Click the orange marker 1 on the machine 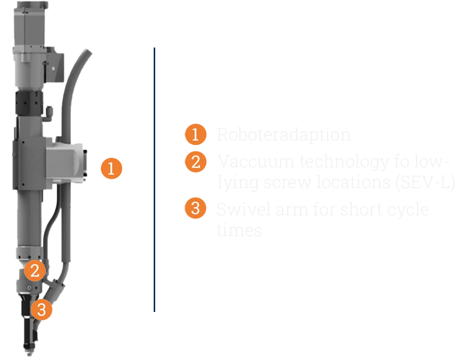[x=111, y=168]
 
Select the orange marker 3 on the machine [x=41, y=309]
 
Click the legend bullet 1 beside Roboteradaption [x=195, y=135]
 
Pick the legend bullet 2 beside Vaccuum [x=195, y=162]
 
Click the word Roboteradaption [x=284, y=135]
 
